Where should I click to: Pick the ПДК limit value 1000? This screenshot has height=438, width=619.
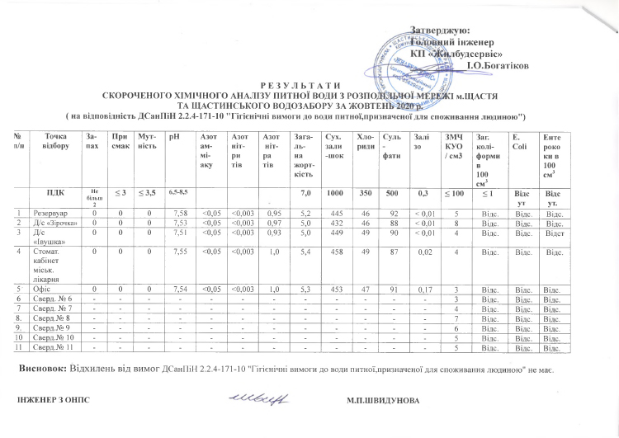(x=335, y=192)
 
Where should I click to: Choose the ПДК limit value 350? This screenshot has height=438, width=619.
(x=363, y=192)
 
